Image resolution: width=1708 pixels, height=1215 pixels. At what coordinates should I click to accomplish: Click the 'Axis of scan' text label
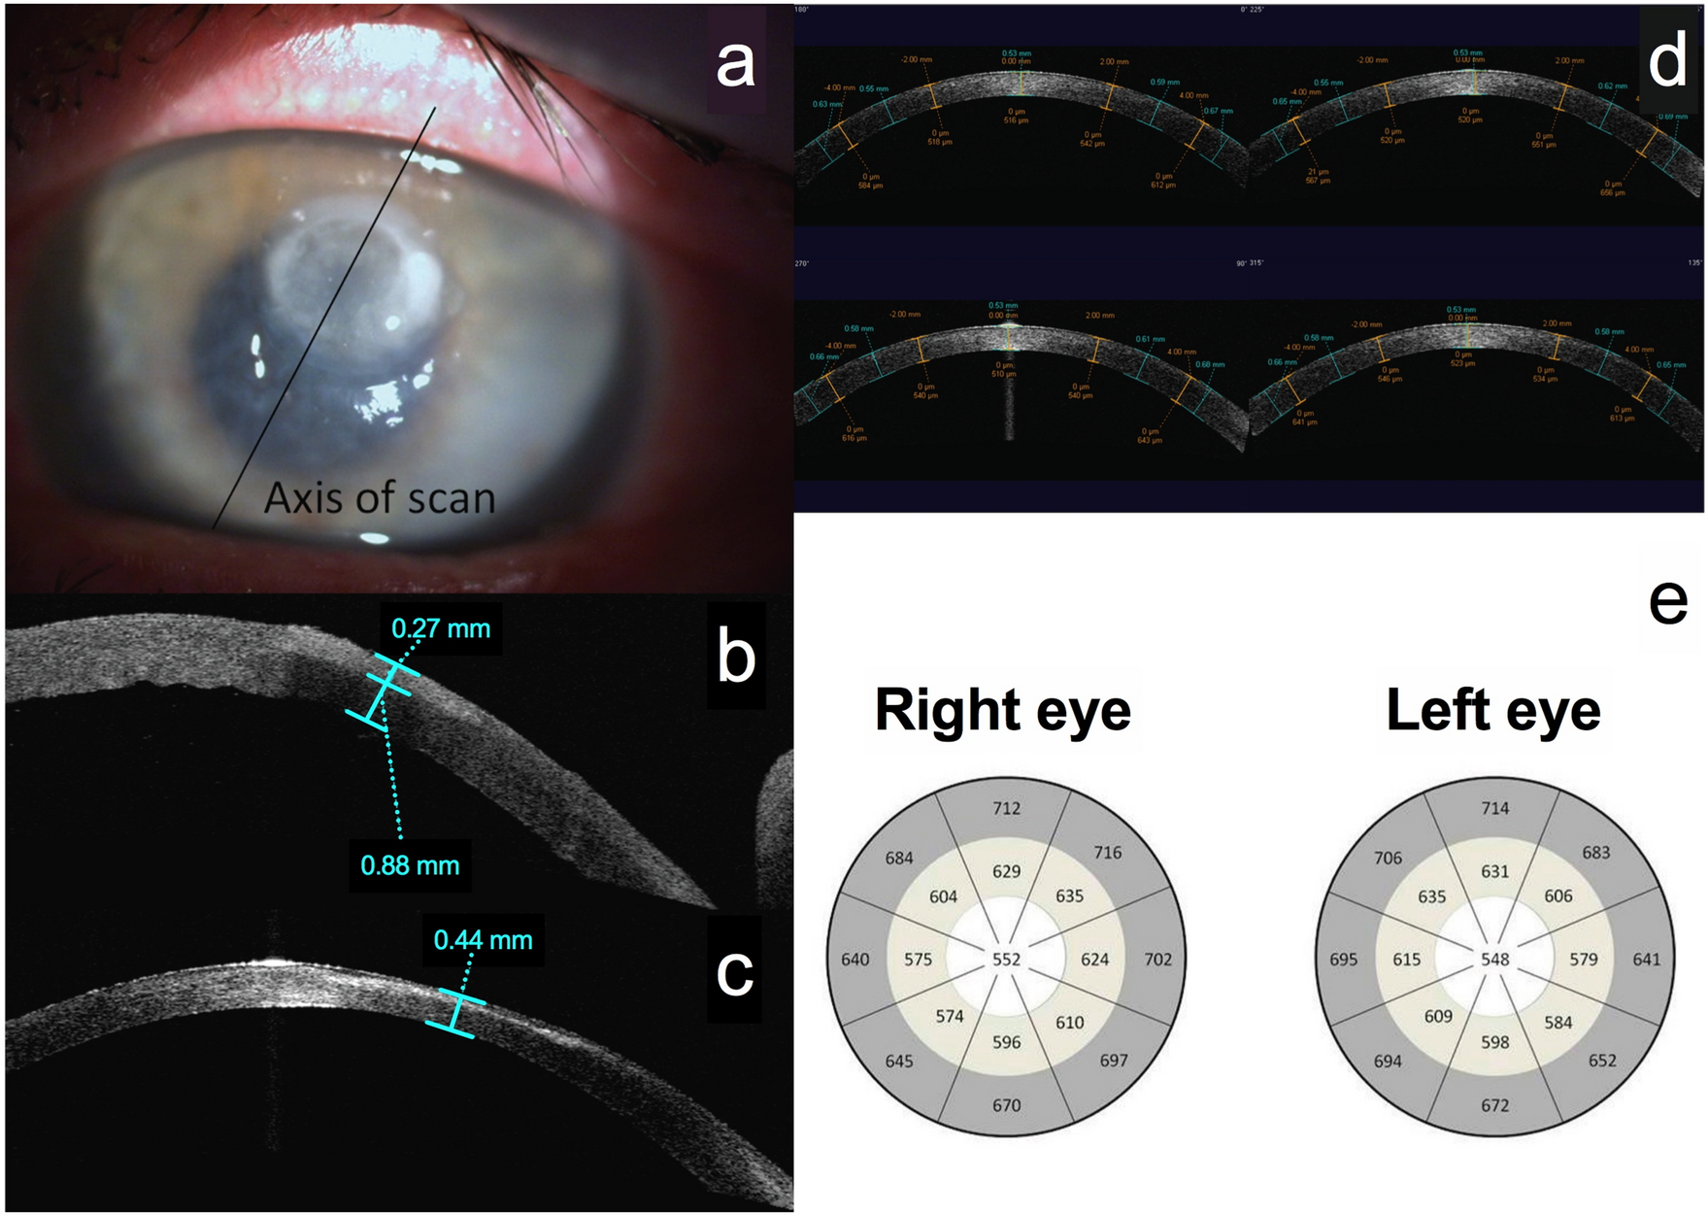(380, 498)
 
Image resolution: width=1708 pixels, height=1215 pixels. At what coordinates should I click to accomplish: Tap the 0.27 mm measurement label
(441, 628)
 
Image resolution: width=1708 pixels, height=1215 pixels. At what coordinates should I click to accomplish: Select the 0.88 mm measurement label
(410, 865)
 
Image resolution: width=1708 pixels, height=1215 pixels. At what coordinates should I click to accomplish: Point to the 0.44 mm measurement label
(483, 940)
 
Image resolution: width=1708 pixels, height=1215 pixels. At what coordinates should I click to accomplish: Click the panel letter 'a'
(735, 64)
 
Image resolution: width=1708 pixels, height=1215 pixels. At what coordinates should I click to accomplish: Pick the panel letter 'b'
(735, 657)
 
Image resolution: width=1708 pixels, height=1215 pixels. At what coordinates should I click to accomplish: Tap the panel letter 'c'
(734, 972)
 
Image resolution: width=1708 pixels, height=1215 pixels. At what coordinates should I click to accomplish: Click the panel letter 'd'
(1668, 61)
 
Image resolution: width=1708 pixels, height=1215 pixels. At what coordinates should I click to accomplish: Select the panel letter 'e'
(1668, 602)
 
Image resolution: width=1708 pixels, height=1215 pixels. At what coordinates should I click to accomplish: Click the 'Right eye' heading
(1002, 710)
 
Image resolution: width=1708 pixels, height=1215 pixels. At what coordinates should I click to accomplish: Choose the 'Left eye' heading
(1492, 710)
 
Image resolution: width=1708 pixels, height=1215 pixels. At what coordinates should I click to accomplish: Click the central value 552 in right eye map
(1006, 960)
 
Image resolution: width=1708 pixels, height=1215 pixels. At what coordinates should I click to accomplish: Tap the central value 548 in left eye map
(1494, 960)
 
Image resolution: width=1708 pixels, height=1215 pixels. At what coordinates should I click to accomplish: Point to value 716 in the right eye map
(1107, 853)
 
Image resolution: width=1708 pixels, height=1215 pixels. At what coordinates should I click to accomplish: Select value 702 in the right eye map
(1157, 960)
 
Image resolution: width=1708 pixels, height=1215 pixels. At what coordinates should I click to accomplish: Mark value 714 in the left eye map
(1494, 808)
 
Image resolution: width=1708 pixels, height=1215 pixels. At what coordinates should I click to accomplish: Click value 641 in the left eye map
(1646, 960)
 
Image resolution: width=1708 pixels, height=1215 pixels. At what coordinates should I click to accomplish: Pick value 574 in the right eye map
(949, 1017)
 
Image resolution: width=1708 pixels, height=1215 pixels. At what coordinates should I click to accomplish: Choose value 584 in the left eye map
(1557, 1023)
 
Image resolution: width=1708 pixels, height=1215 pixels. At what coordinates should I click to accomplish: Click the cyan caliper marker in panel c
(455, 1013)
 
